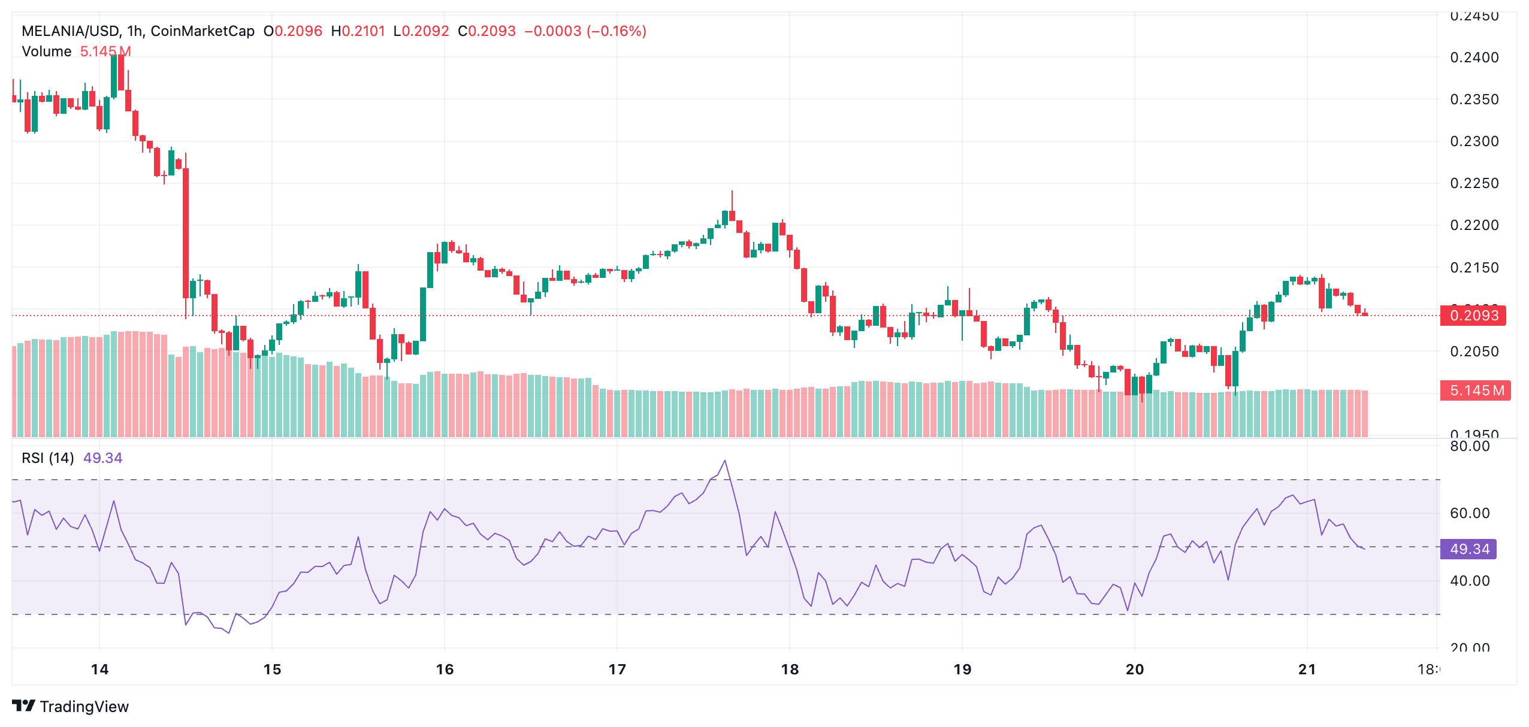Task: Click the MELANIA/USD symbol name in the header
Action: tap(70, 31)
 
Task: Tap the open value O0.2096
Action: tap(293, 31)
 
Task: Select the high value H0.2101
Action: tap(358, 31)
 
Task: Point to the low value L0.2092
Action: tap(421, 31)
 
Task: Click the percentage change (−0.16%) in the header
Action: tap(617, 31)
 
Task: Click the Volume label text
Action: tap(47, 52)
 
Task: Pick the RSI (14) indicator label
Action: tap(48, 458)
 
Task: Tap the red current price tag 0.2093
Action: tap(1473, 316)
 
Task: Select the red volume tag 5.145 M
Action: tap(1476, 390)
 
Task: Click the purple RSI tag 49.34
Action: tap(1468, 549)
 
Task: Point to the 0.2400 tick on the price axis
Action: tap(1474, 57)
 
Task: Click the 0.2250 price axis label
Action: tap(1474, 183)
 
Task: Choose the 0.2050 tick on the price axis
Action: tap(1474, 352)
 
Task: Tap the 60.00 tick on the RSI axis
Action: tap(1469, 513)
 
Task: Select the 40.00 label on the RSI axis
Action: tap(1469, 581)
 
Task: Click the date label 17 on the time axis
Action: tap(617, 670)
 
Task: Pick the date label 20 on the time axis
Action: tap(1135, 670)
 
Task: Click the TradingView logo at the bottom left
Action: tap(71, 707)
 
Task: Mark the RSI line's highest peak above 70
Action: tap(725, 461)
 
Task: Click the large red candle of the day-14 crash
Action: tap(186, 234)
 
